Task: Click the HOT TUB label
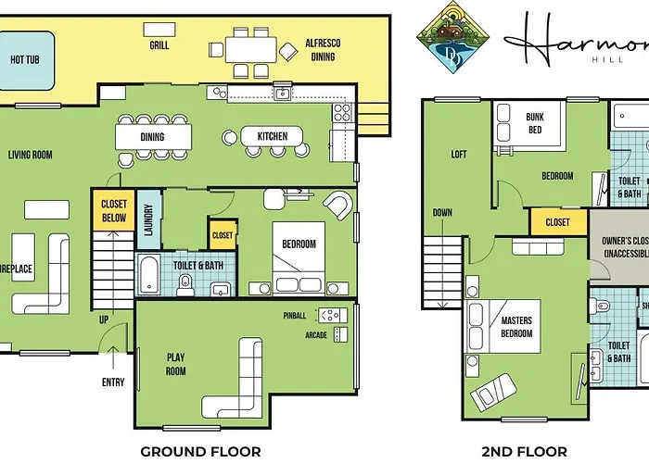click(24, 59)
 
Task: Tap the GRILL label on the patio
click(159, 44)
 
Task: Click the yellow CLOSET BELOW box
click(114, 211)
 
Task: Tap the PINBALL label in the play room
click(295, 316)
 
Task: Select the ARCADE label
click(315, 334)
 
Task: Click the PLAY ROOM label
click(176, 364)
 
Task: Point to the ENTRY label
click(113, 382)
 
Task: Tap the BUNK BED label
click(535, 123)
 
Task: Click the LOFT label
click(459, 155)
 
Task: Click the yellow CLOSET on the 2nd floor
click(558, 222)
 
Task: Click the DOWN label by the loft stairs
click(442, 213)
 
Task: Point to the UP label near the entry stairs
click(105, 319)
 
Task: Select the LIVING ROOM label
click(30, 155)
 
